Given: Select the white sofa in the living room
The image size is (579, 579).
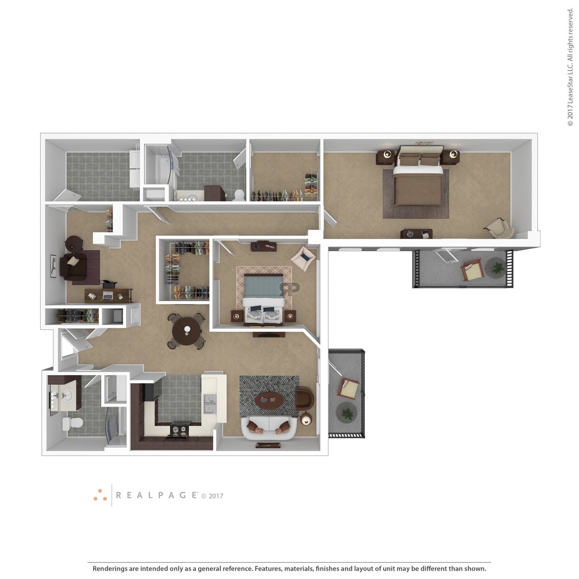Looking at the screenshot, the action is pyautogui.click(x=269, y=428).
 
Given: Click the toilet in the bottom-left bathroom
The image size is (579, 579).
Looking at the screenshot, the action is pyautogui.click(x=73, y=424).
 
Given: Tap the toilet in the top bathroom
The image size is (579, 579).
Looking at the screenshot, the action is pyautogui.click(x=239, y=195).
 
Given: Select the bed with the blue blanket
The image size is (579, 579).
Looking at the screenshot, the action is pyautogui.click(x=263, y=299).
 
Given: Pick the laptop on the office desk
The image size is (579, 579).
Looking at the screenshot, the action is pyautogui.click(x=107, y=296).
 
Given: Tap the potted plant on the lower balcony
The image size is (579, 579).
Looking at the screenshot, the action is pyautogui.click(x=347, y=413).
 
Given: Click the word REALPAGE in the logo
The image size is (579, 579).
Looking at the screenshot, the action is pyautogui.click(x=156, y=495).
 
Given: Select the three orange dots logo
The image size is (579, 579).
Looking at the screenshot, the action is pyautogui.click(x=100, y=495).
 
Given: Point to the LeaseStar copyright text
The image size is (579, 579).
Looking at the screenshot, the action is pyautogui.click(x=570, y=67).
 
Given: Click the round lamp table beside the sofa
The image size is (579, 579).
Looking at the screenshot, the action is pyautogui.click(x=306, y=419).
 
